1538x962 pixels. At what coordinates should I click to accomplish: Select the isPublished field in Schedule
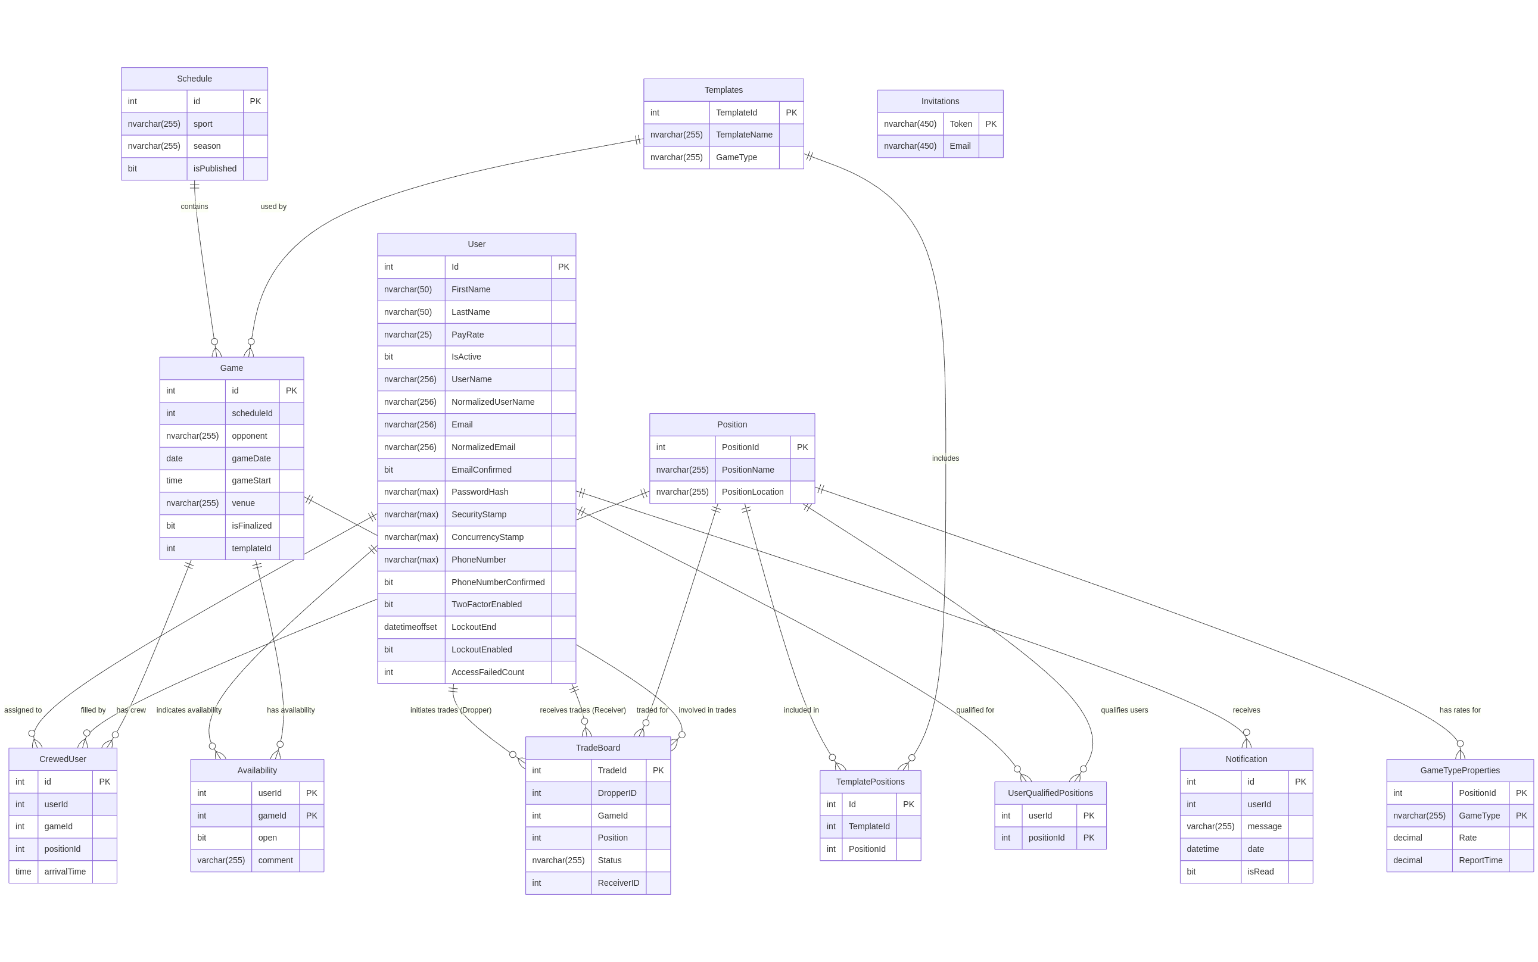coord(214,168)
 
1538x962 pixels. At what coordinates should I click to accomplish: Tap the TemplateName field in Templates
coord(743,135)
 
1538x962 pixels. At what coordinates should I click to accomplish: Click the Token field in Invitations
coord(960,124)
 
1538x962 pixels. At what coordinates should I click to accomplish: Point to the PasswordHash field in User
coord(480,492)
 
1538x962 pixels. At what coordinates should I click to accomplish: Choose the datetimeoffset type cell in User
coord(410,627)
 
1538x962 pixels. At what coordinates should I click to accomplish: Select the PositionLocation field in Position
coord(752,492)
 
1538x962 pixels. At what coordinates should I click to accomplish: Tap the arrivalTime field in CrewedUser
coord(65,872)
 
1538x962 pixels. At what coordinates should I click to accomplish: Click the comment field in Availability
coord(275,860)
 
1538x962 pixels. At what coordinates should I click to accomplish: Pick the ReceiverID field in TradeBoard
coord(618,882)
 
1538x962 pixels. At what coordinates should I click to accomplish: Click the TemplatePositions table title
coord(870,782)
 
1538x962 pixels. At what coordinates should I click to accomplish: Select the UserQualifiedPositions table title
coord(1050,793)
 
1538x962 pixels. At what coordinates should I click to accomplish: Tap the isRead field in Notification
coord(1260,872)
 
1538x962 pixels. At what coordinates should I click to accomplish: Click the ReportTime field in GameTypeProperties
coord(1480,860)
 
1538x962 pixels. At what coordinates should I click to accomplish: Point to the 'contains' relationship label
coord(194,207)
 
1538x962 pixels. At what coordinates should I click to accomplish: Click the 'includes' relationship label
coord(945,458)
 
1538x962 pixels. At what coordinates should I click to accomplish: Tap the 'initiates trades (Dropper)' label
coord(451,710)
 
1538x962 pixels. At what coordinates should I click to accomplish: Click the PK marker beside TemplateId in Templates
coord(790,113)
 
